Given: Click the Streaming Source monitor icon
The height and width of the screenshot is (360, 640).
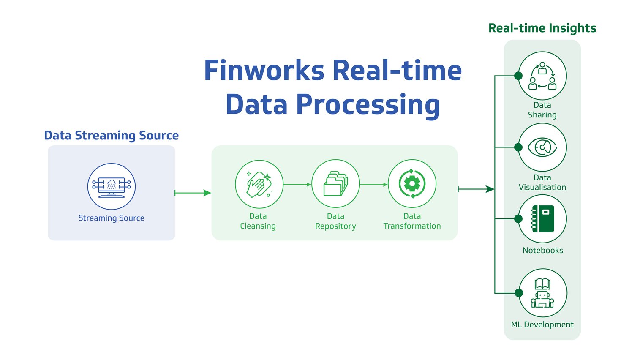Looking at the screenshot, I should [x=112, y=186].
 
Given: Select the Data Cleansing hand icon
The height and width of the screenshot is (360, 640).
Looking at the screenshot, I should [x=259, y=184].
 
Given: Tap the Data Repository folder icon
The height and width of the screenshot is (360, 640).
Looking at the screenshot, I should [x=335, y=184].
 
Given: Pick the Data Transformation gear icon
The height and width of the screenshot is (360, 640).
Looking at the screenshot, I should [x=412, y=184].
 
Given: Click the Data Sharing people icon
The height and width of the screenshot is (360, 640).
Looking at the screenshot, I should [x=542, y=76].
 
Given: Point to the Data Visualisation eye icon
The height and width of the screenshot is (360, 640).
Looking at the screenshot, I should [x=542, y=147].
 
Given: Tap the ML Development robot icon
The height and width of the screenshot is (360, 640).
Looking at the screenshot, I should [x=542, y=293].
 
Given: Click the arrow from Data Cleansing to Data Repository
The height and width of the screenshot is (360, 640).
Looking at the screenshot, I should [x=297, y=185].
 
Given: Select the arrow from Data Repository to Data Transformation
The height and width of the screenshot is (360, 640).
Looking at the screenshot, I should [x=374, y=185].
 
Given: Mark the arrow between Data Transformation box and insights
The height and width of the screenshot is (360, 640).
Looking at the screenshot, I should [x=476, y=189].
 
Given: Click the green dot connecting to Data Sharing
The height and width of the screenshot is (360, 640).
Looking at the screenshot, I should [x=518, y=76].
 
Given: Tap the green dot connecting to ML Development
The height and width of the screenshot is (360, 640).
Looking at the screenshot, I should [x=519, y=293].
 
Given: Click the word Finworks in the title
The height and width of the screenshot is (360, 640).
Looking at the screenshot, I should [x=264, y=71].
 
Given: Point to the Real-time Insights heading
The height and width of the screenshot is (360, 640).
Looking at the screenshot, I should [x=542, y=28].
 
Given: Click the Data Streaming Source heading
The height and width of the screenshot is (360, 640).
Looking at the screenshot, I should [x=112, y=135].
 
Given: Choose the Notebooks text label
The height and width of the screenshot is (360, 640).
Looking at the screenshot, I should [x=543, y=250].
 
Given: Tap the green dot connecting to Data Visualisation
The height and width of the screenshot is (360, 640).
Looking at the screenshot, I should [x=518, y=147].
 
